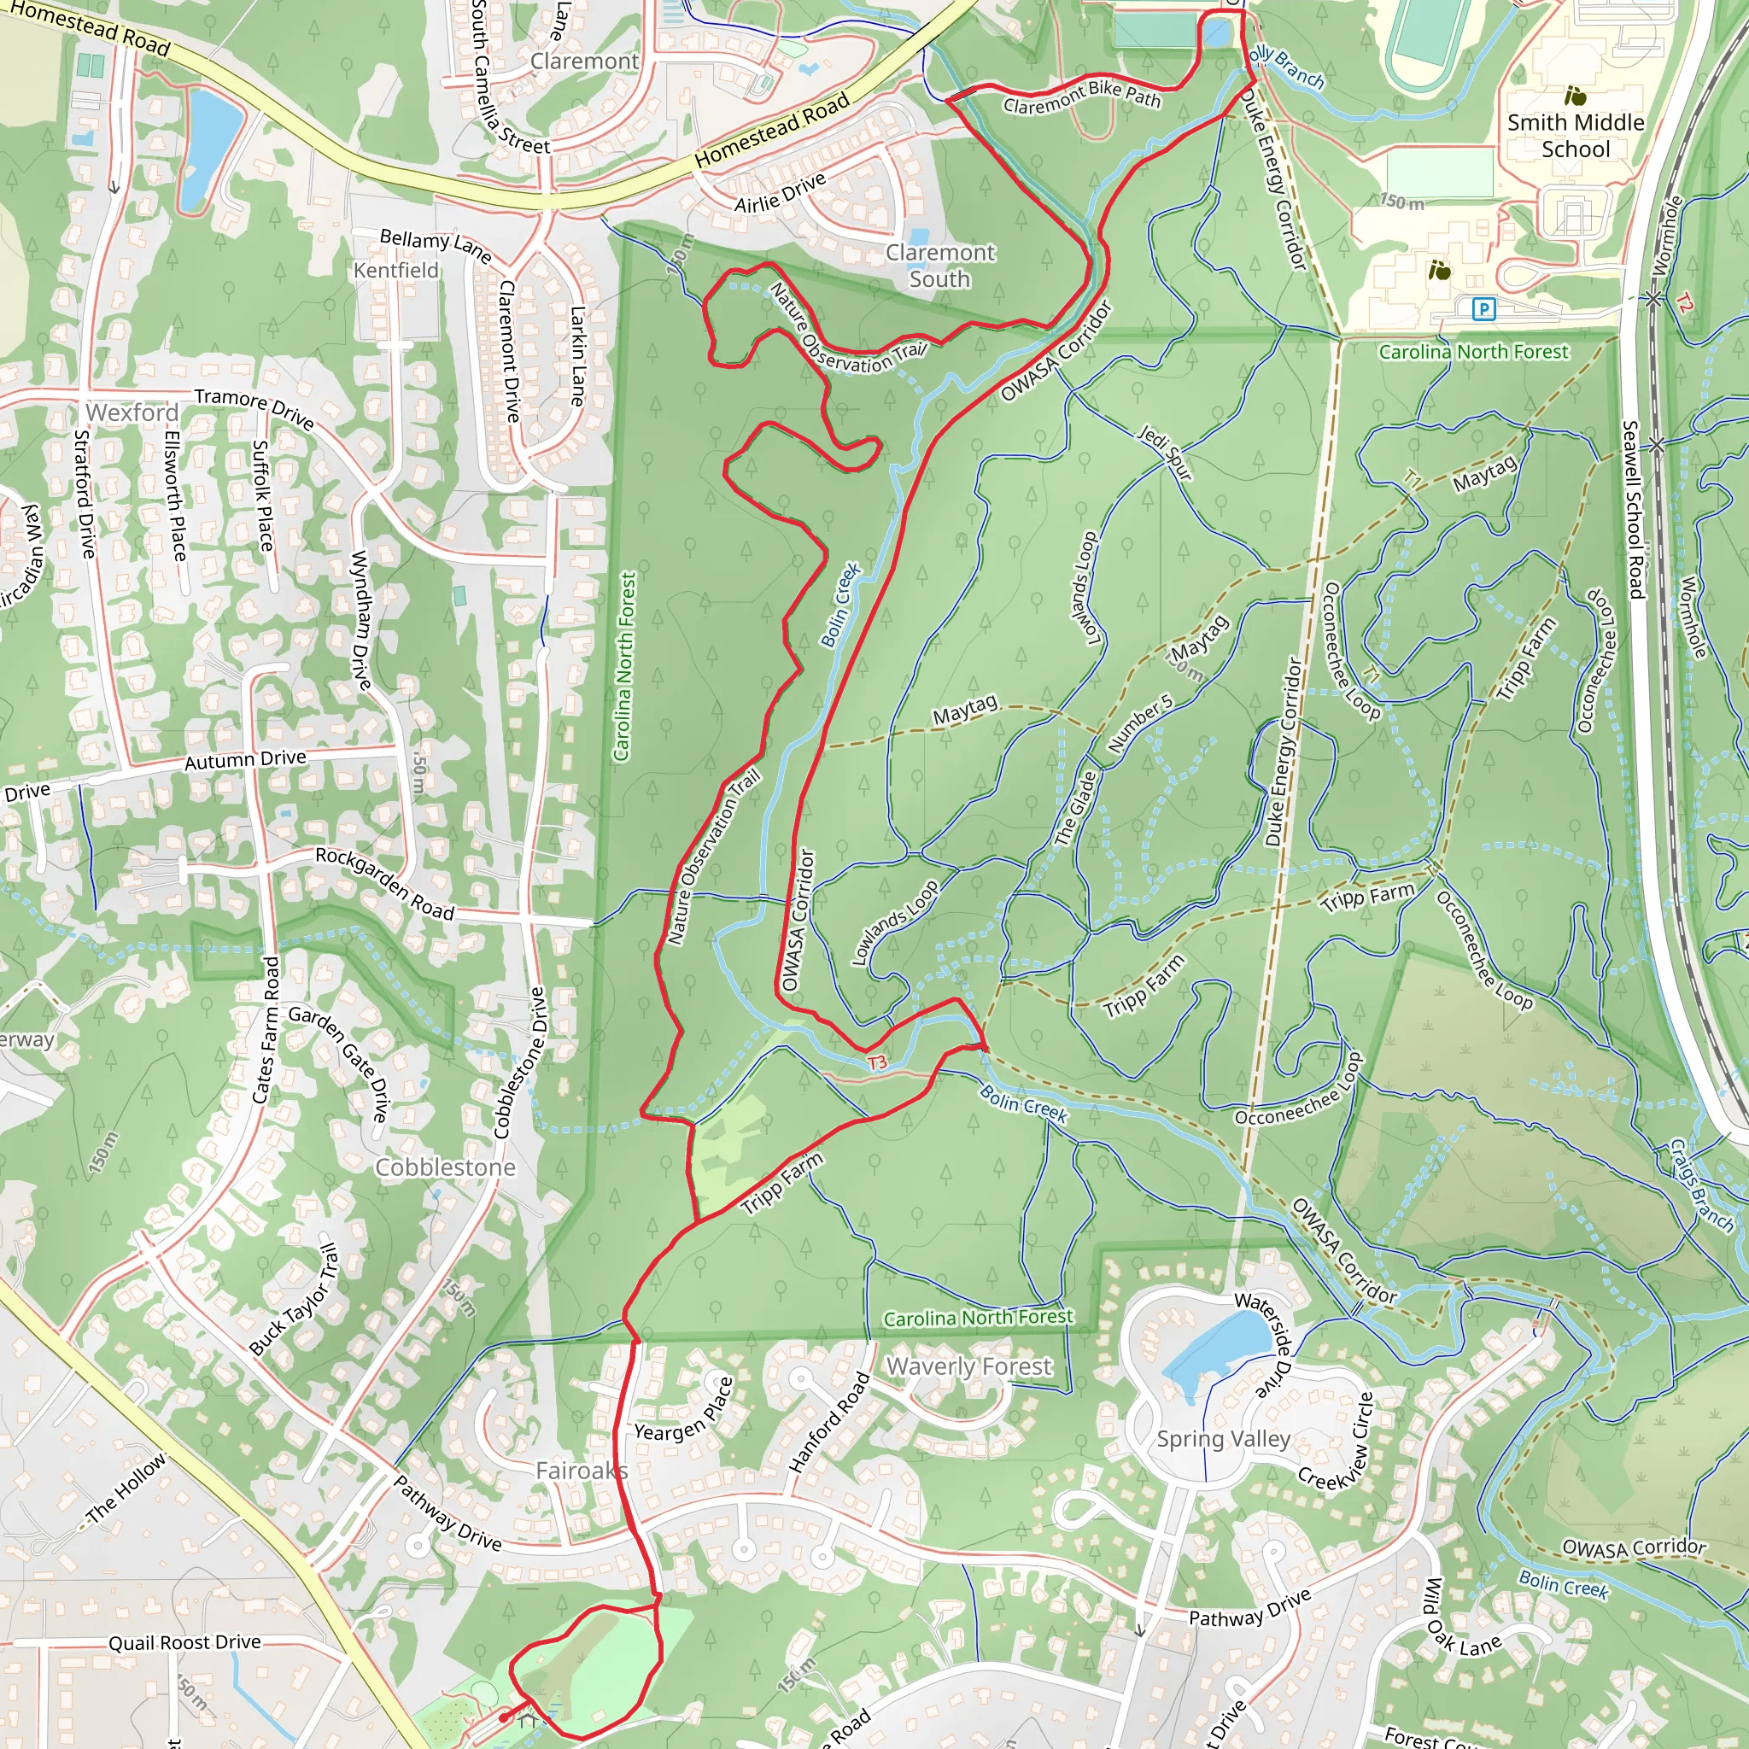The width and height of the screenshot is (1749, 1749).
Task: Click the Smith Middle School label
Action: [x=1575, y=136]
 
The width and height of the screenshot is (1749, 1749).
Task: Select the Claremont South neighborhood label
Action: [x=939, y=266]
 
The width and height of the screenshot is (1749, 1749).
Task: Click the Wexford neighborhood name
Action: [x=132, y=412]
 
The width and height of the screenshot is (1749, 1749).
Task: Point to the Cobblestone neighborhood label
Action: [x=446, y=1167]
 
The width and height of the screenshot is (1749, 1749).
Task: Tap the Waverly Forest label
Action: [x=968, y=1366]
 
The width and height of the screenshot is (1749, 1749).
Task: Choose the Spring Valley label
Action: [x=1223, y=1439]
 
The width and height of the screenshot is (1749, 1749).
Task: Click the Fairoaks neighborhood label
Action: [x=582, y=1471]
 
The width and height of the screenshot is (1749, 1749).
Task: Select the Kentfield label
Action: [x=395, y=271]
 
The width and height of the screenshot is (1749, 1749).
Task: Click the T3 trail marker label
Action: [x=877, y=1062]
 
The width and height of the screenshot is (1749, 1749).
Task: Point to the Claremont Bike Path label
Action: [x=1082, y=97]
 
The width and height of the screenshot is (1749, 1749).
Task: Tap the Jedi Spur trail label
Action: [x=1165, y=452]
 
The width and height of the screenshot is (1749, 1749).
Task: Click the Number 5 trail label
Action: [x=1141, y=723]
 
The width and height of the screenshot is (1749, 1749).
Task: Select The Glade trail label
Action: [x=1075, y=808]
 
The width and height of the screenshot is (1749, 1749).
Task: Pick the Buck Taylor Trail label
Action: [x=295, y=1300]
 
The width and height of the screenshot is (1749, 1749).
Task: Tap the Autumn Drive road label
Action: [x=245, y=759]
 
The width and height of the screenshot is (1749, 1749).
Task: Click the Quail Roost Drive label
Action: [x=184, y=1642]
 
